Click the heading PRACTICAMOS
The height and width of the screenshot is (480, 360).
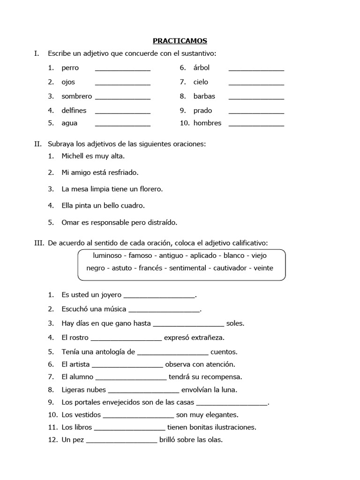coord(180,41)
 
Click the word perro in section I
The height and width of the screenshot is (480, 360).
coord(70,68)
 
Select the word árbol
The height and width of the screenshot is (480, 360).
coord(201,68)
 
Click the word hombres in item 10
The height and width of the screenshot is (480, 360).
coord(207,123)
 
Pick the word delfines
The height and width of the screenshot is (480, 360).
coord(74,111)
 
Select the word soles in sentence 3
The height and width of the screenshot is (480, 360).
coord(235,323)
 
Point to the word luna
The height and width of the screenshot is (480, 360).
coord(230,390)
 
